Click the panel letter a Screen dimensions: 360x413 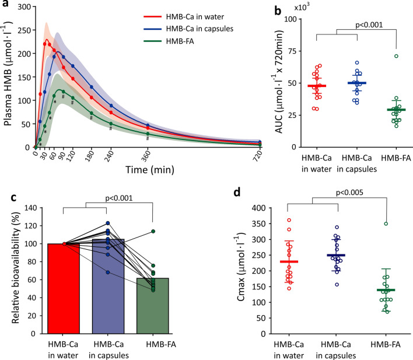coord(5,5)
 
